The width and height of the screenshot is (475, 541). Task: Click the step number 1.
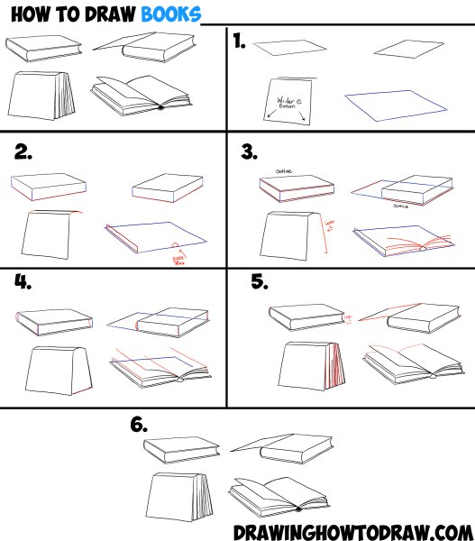[x=240, y=41]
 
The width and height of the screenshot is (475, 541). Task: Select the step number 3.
[x=251, y=152]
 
